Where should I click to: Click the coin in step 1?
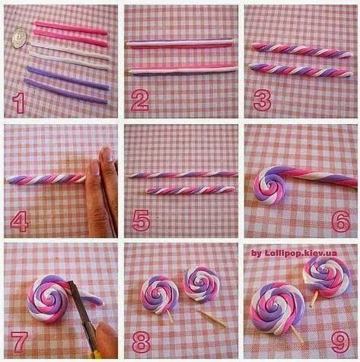[x=19, y=38]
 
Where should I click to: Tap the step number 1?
[x=18, y=103]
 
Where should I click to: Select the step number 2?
[x=139, y=100]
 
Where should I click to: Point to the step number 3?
[x=263, y=100]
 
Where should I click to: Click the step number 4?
[x=20, y=221]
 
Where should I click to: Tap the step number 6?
[x=341, y=221]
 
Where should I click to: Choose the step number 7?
[x=19, y=341]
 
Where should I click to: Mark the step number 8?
[x=141, y=341]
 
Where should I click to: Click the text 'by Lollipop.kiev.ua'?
[x=294, y=253]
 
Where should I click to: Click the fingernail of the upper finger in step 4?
[x=107, y=154]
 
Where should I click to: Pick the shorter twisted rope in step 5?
[x=190, y=191]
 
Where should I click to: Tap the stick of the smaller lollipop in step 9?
[x=314, y=299]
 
